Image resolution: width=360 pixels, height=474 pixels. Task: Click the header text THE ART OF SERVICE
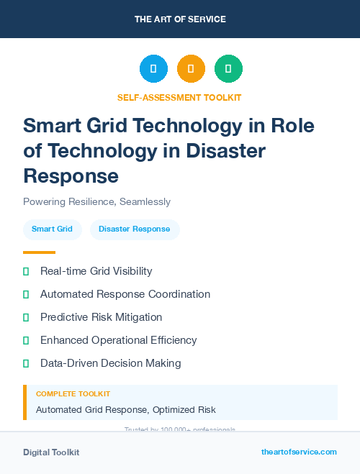pos(180,19)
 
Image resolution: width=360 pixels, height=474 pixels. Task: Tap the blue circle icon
pos(153,68)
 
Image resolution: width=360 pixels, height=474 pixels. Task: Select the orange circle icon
pos(191,68)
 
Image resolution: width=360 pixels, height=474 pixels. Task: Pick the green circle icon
pos(228,68)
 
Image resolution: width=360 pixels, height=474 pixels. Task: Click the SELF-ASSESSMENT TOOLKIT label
pos(179,97)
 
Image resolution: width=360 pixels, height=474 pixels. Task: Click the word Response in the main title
pos(71,175)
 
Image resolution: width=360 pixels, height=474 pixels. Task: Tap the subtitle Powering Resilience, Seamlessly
pos(96,201)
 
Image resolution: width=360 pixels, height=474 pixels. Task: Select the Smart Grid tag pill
pos(52,229)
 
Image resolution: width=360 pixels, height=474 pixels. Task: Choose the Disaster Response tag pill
pos(135,229)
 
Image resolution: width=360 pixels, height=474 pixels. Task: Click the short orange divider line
pos(39,252)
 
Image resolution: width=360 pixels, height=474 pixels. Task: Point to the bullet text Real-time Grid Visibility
pos(96,271)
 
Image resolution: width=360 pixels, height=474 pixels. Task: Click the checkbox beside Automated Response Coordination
pos(26,294)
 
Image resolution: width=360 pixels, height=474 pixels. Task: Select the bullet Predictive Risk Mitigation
pos(101,317)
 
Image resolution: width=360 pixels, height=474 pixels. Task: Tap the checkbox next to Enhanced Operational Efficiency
pos(26,340)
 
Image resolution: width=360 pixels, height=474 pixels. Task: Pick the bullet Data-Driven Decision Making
pos(110,363)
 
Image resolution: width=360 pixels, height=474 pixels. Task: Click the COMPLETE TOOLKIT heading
pos(73,394)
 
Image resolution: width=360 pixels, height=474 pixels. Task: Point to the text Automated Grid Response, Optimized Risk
pos(125,410)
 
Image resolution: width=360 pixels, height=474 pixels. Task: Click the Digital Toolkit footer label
pos(51,452)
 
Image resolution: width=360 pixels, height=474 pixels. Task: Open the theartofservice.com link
pos(299,452)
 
